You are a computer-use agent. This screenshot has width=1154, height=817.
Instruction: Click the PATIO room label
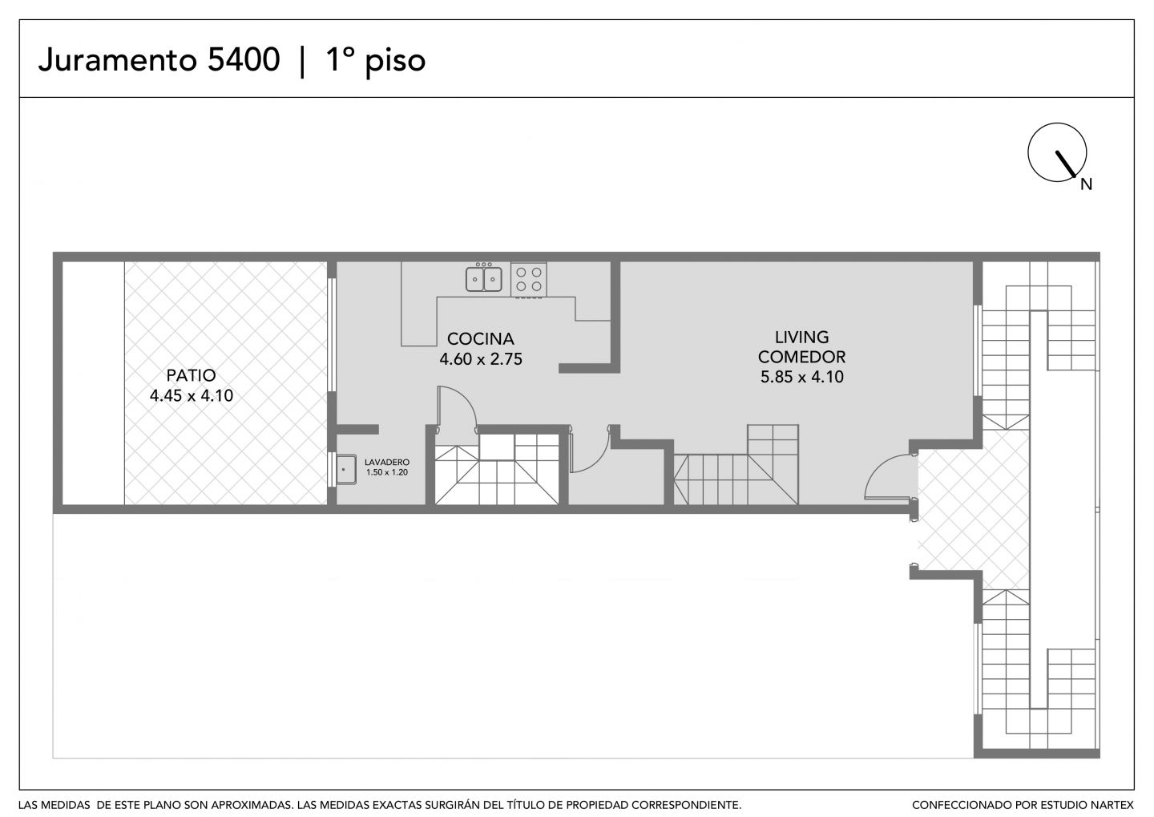click(x=191, y=375)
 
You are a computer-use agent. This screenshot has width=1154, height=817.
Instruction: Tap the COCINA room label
click(x=481, y=338)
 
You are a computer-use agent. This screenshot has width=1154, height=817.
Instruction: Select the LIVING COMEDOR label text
click(x=801, y=347)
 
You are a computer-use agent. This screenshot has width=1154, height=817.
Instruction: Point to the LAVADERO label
click(x=387, y=463)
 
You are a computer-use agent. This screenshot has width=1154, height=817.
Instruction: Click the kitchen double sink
click(x=484, y=279)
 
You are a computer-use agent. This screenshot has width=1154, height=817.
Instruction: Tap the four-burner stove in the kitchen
click(x=529, y=279)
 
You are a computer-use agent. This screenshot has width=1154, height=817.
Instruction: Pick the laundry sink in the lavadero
click(x=345, y=470)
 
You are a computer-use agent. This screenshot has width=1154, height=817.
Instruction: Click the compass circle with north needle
click(x=1056, y=152)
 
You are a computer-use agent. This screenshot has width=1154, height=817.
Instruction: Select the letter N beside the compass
click(x=1086, y=184)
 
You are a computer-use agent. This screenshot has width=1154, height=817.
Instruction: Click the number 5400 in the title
click(x=244, y=59)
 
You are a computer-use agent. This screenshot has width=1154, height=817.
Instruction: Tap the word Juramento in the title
click(x=118, y=59)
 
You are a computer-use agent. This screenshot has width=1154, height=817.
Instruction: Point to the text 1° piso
click(x=376, y=61)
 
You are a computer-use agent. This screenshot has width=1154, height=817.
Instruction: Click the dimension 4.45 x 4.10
click(x=191, y=396)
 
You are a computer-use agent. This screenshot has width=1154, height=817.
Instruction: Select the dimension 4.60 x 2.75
click(x=481, y=358)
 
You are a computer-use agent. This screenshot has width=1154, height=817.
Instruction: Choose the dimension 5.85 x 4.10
click(x=802, y=377)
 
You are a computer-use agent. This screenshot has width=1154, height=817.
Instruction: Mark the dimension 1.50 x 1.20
click(x=387, y=472)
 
